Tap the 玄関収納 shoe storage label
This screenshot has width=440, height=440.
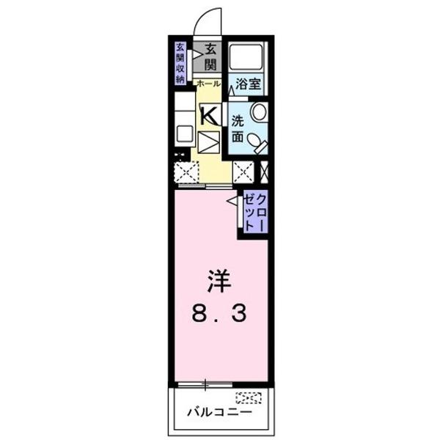tap(180, 65)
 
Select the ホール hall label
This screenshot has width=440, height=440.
tap(208, 84)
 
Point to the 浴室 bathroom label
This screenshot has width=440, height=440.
tap(247, 84)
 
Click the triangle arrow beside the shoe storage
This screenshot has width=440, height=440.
tap(196, 53)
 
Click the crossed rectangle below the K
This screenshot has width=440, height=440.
tap(209, 140)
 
